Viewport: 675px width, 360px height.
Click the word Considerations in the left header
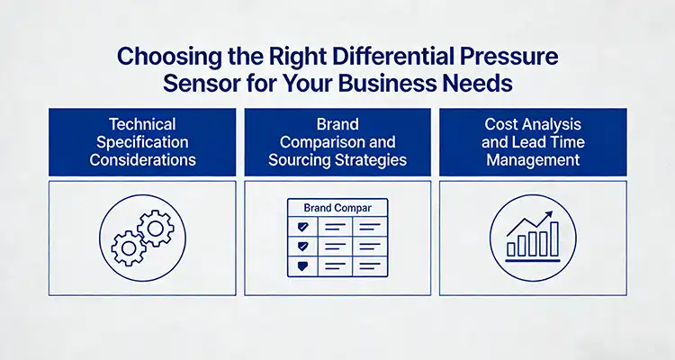click(x=142, y=161)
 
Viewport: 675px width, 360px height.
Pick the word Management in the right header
click(x=532, y=161)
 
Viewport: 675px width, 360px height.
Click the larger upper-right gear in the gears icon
click(x=154, y=227)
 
